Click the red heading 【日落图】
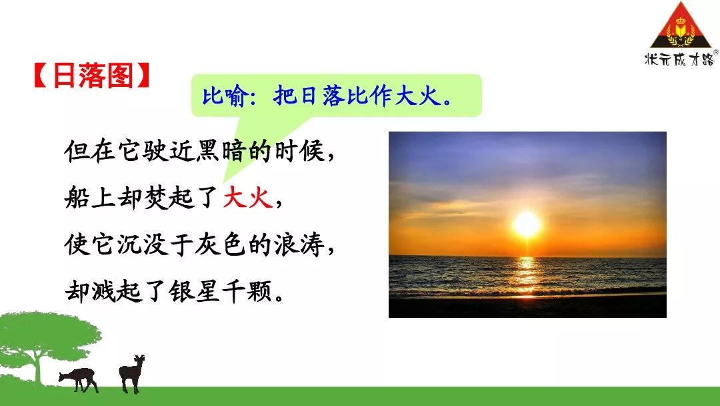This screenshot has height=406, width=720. [x=92, y=75]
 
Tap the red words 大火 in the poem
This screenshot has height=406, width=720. [x=249, y=198]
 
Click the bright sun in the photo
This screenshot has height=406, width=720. [x=527, y=224]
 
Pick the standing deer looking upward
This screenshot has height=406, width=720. [x=132, y=373]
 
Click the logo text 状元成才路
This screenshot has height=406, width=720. [x=679, y=59]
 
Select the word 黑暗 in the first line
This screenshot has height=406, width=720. [x=221, y=152]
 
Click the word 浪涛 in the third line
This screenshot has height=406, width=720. [x=299, y=245]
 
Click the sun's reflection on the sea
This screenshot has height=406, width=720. [x=526, y=276]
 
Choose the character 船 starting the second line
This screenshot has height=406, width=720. [x=77, y=198]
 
